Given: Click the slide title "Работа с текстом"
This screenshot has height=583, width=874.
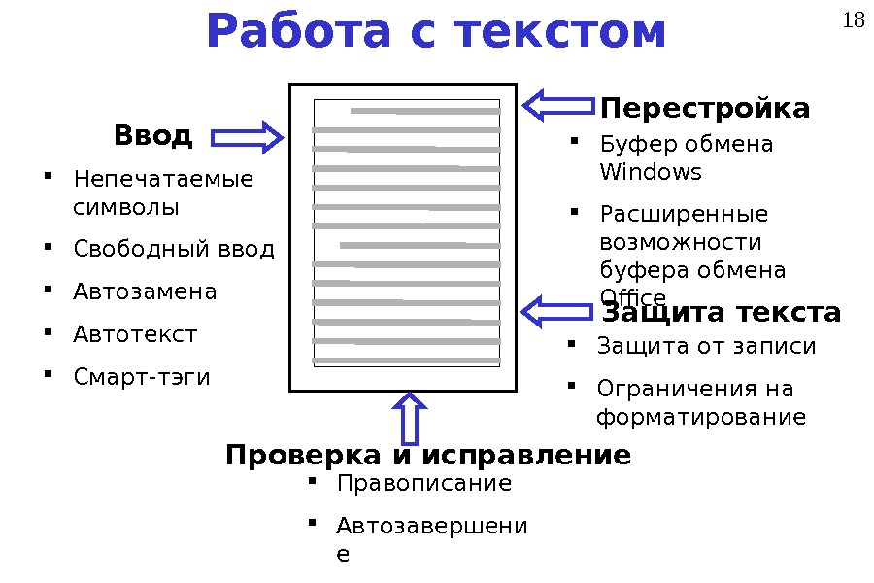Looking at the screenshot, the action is coord(436,32).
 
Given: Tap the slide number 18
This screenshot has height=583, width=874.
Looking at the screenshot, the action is coord(854,19).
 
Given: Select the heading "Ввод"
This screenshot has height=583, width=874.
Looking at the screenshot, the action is coord(152,135).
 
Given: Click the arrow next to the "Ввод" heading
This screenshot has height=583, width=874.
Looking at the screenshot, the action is coord(247,138).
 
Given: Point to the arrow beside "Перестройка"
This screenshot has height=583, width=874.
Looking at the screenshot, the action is coord(559,105).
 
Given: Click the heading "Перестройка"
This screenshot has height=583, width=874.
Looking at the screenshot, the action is coord(705,108).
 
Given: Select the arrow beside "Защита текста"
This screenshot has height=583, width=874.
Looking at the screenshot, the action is coord(556,312).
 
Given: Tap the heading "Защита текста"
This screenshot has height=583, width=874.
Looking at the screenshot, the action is coord(722,313).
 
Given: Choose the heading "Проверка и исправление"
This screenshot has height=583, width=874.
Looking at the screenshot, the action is coord(428,455).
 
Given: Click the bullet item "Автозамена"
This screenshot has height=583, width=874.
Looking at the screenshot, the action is coord(145,291).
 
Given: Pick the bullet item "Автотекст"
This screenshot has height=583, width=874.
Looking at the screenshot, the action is coord(135,335).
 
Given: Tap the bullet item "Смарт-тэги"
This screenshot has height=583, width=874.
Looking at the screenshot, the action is coord(141,377).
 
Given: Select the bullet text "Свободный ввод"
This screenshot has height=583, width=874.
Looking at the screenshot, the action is coord(174,250).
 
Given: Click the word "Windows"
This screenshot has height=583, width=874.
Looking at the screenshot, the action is coord(650,173).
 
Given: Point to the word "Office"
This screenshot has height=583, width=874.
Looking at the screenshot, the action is coord(633,296).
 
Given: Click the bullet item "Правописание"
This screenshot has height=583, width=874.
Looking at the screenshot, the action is coord(422,484).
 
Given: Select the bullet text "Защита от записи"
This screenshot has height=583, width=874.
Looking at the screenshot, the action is coord(706,347).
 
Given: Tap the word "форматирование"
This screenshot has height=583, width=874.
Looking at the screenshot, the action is coord(700,418).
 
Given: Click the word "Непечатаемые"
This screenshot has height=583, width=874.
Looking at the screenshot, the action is coord(163,180).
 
